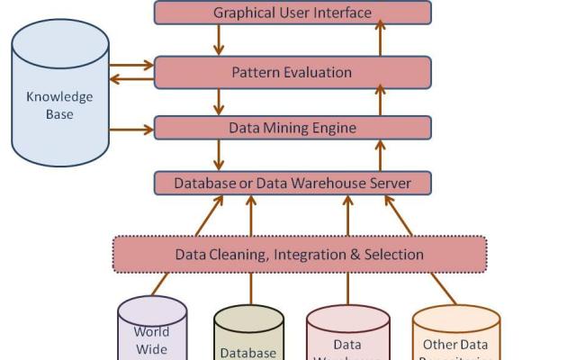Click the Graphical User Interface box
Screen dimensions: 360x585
point(292,13)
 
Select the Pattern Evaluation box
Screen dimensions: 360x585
point(292,72)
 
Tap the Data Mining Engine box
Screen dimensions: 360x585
point(292,128)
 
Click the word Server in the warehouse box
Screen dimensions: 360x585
point(389,184)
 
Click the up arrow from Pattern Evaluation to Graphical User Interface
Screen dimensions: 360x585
point(380,40)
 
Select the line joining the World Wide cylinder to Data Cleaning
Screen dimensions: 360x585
point(160,284)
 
